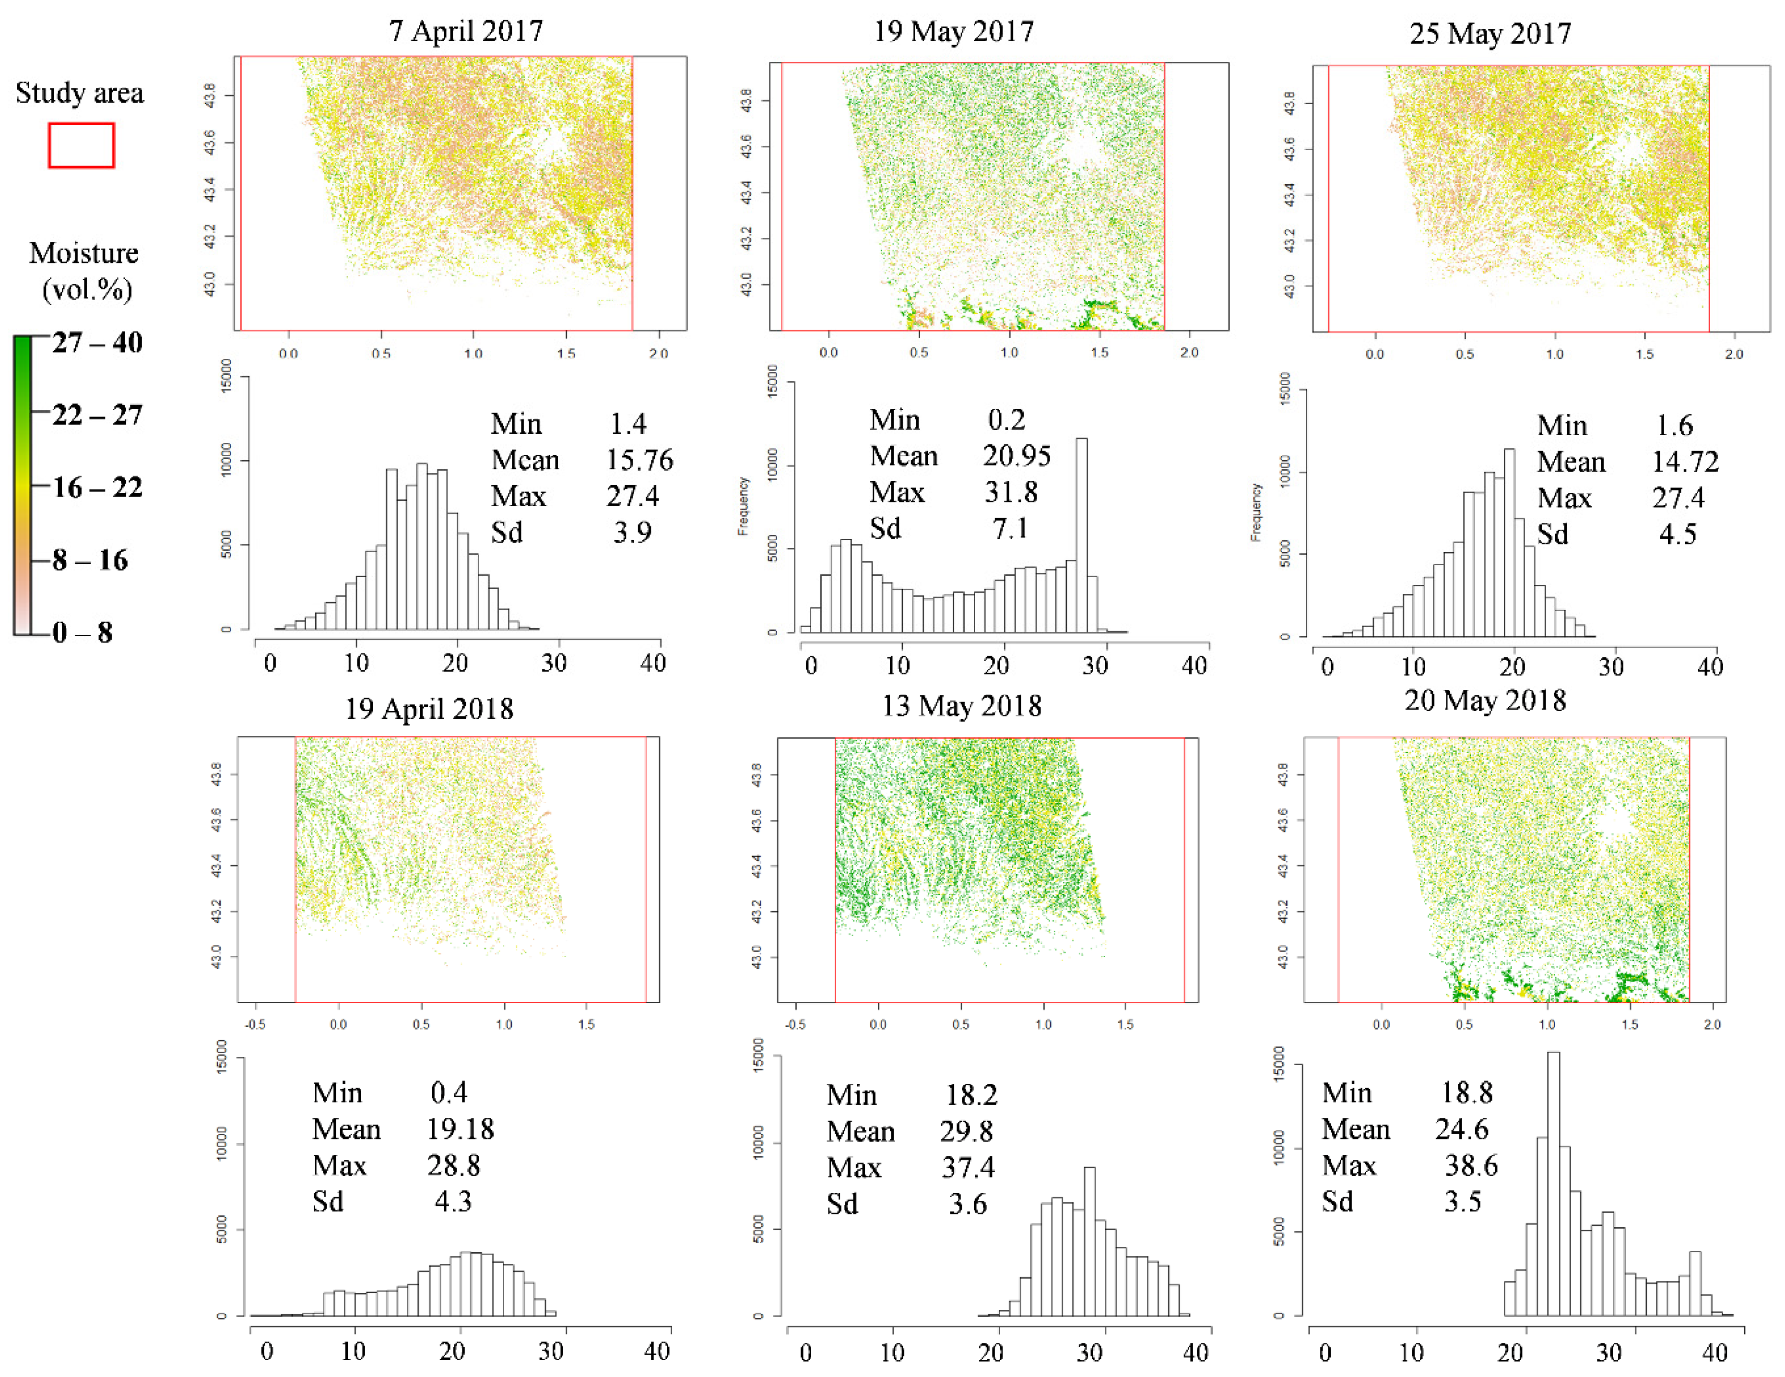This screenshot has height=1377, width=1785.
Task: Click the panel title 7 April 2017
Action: [x=466, y=31]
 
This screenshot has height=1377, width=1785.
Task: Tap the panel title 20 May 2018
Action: [x=1485, y=700]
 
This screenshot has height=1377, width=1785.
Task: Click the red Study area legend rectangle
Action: [x=81, y=145]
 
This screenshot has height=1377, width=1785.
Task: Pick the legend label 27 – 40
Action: [x=97, y=343]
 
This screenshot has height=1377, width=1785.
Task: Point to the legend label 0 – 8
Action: [x=82, y=632]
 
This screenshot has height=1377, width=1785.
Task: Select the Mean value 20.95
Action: [x=1017, y=456]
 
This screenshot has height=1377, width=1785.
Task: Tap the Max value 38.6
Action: [x=1471, y=1165]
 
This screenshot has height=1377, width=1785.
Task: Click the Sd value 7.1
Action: [x=1010, y=529]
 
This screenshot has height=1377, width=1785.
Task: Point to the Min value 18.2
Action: [x=972, y=1095]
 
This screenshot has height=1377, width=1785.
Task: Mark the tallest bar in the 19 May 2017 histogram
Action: [x=1081, y=535]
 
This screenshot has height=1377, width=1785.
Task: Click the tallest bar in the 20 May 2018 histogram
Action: [x=1553, y=1185]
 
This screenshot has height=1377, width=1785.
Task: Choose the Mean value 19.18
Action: [x=460, y=1129]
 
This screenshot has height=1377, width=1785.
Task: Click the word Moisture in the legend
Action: [x=83, y=253]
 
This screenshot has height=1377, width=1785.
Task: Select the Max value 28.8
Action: [x=454, y=1165]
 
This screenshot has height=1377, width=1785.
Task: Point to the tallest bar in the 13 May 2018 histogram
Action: [x=1089, y=1242]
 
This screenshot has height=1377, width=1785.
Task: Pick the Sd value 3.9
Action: [x=633, y=533]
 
